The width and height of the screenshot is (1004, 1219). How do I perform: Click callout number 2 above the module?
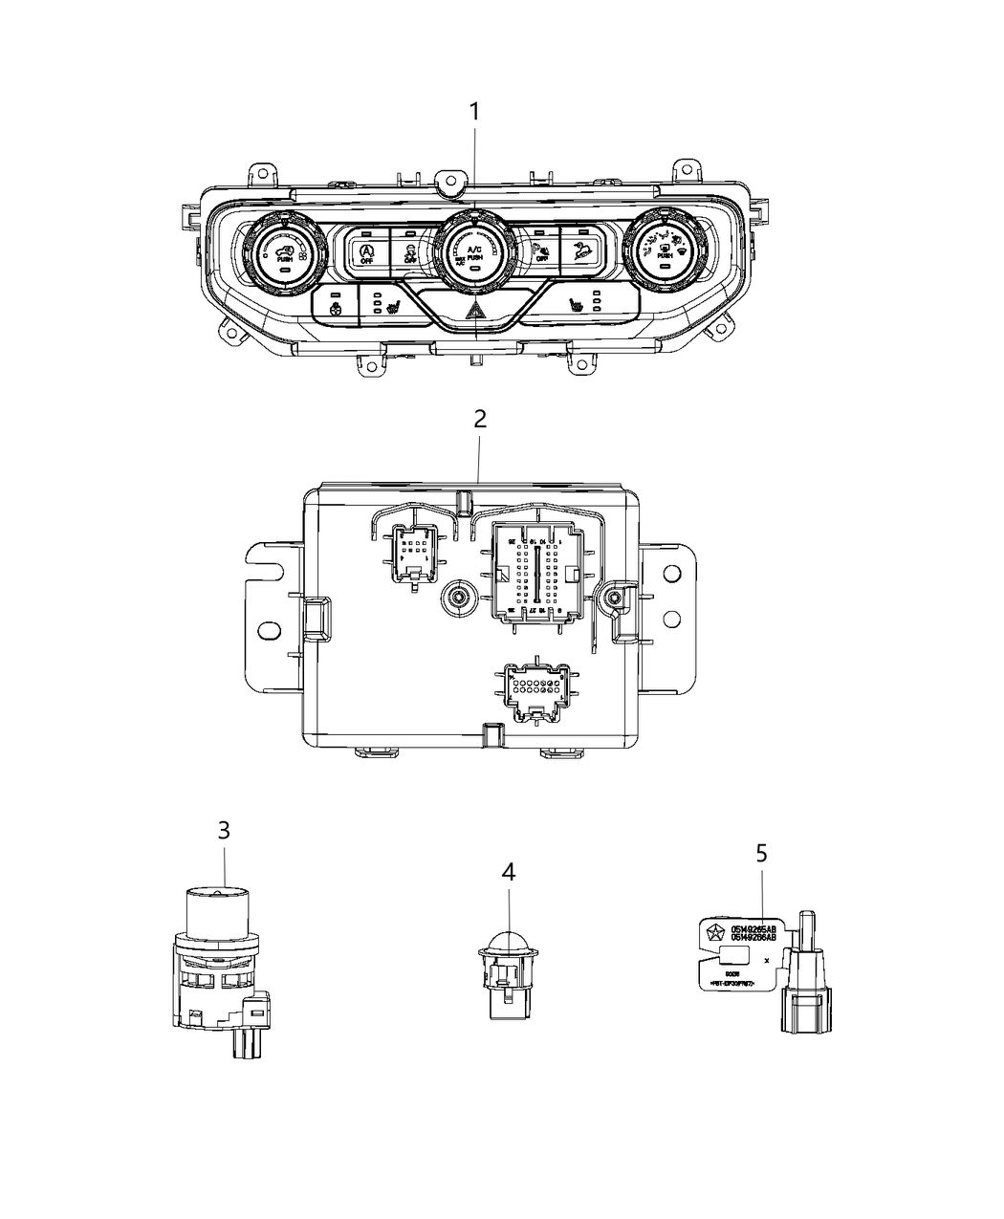click(480, 419)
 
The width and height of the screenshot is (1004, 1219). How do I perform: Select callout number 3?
click(224, 830)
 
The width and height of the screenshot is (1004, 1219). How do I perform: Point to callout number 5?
click(761, 853)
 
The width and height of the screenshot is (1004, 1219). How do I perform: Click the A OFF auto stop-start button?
click(366, 253)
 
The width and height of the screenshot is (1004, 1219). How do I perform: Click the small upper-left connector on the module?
click(412, 554)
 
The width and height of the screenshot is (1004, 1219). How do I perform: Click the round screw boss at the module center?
click(460, 599)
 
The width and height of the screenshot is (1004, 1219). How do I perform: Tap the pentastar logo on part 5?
click(712, 933)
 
